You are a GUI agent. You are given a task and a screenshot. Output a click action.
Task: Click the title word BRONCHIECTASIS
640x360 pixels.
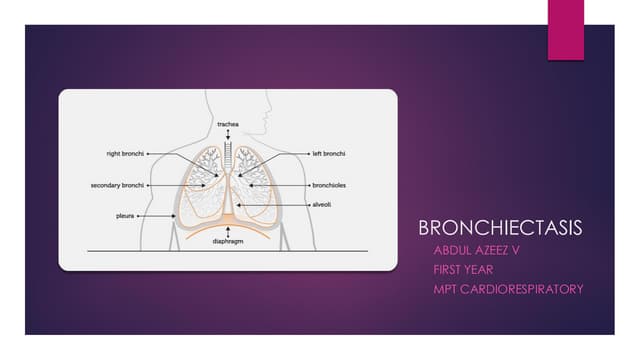point(500,227)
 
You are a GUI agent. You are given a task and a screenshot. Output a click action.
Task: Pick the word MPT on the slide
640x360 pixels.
point(445,289)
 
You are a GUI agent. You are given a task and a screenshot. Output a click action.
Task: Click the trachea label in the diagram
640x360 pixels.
point(227,124)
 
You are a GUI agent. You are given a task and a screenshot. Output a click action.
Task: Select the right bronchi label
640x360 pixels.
point(126,154)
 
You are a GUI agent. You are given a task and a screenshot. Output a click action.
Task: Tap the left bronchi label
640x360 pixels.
point(328,154)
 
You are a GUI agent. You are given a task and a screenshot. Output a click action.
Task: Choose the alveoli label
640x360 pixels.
point(322,204)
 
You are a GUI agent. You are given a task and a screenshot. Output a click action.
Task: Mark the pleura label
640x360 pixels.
point(127,215)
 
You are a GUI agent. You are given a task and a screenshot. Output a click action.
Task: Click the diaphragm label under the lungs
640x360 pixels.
point(228,242)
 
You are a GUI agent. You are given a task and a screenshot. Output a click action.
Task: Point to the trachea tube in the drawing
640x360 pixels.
point(228,155)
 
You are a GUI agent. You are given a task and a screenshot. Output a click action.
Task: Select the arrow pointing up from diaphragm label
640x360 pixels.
point(228,231)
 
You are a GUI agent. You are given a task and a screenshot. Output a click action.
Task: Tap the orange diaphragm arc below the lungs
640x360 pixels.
point(228,222)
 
